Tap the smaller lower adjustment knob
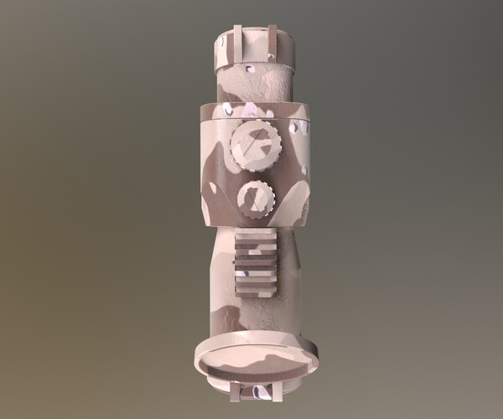point(256,198)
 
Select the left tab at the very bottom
point(235,391)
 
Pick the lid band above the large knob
point(256,110)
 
